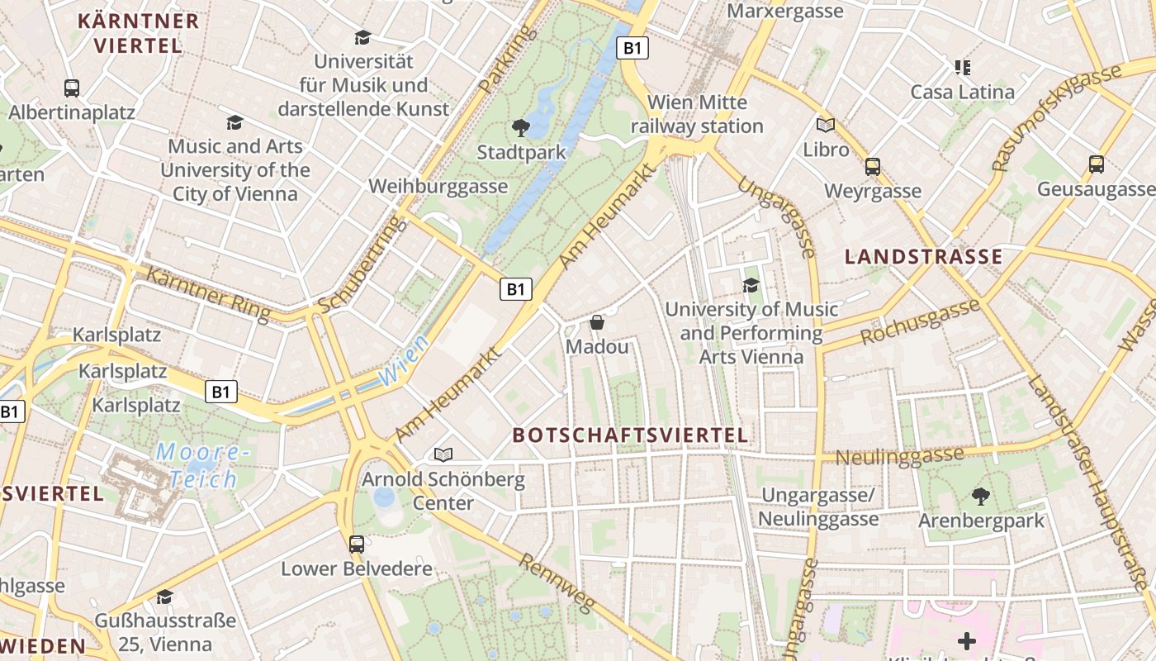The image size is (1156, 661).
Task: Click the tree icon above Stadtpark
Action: pyautogui.click(x=521, y=127)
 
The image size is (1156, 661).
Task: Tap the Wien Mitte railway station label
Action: pyautogui.click(x=697, y=114)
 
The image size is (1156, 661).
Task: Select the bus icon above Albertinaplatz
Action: pyautogui.click(x=72, y=88)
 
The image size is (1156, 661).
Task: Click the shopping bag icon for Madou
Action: pyautogui.click(x=597, y=322)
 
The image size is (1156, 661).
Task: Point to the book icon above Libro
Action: pyautogui.click(x=826, y=125)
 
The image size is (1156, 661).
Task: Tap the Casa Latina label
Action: pyautogui.click(x=962, y=92)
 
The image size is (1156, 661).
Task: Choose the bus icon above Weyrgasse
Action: pyautogui.click(x=873, y=166)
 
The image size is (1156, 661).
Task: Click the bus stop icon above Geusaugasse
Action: pyautogui.click(x=1097, y=164)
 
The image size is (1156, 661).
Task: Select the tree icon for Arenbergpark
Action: pyautogui.click(x=981, y=496)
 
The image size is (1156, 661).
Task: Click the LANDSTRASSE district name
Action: pyautogui.click(x=923, y=257)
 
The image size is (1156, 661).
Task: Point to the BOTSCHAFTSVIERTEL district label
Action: pyautogui.click(x=630, y=435)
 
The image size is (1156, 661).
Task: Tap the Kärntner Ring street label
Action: pyautogui.click(x=207, y=293)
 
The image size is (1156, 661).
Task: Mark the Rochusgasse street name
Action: pyautogui.click(x=920, y=322)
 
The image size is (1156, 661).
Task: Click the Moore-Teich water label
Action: pyautogui.click(x=203, y=465)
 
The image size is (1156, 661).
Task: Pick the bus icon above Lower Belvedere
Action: pyautogui.click(x=357, y=544)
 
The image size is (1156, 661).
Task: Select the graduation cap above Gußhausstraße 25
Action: pyautogui.click(x=165, y=597)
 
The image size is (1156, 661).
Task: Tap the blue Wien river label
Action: pyautogui.click(x=404, y=361)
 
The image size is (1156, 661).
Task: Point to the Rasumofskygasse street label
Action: pyautogui.click(x=1058, y=117)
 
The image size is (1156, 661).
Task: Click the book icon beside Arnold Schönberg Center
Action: pyautogui.click(x=443, y=454)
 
